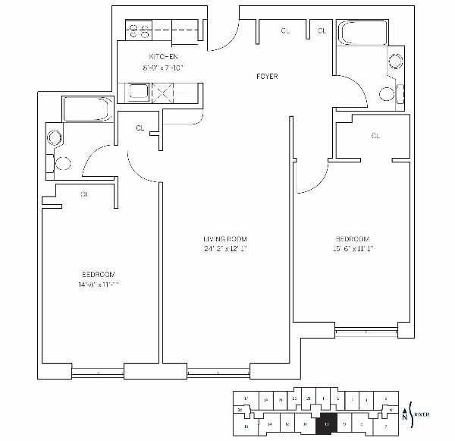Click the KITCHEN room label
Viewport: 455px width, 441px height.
[163, 57]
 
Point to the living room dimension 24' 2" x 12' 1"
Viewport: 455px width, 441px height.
[225, 248]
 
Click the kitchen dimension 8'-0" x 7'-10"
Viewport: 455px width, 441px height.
[163, 68]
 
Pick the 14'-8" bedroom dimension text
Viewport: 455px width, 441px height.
[99, 285]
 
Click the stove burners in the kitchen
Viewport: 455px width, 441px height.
[139, 31]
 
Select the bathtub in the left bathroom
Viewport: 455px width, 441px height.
[88, 110]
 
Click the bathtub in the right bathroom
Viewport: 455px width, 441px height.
[360, 34]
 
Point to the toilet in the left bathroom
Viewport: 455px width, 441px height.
[63, 162]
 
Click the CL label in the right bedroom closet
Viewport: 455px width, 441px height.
[375, 136]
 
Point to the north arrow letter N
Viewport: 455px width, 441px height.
[404, 417]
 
